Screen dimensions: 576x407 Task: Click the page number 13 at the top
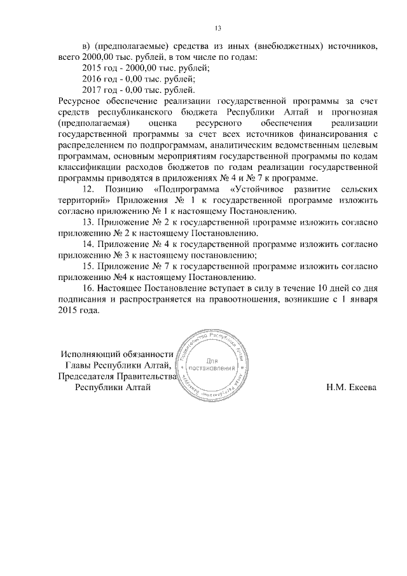[217, 28]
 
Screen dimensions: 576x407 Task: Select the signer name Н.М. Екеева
[351, 388]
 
